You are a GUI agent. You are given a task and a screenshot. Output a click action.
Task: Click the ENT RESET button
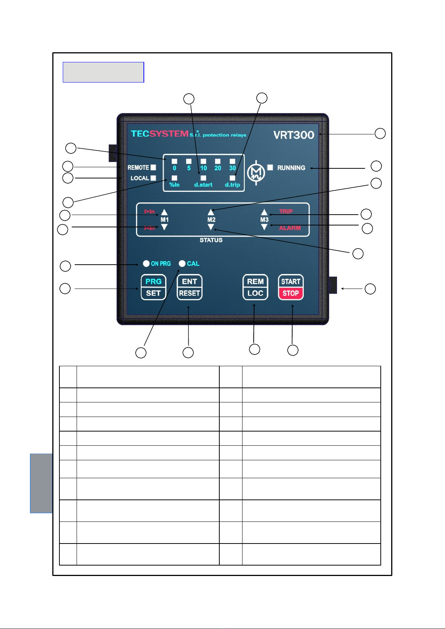[189, 287]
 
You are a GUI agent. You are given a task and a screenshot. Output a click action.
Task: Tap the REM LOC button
[255, 287]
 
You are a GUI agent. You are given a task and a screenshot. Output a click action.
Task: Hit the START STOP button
[291, 287]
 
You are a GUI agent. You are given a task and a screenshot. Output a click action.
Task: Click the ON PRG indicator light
[146, 264]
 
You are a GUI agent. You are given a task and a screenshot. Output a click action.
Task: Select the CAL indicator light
[182, 264]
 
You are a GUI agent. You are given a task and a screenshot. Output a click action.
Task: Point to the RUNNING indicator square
[270, 167]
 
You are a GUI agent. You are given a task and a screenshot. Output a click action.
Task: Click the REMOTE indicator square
[153, 168]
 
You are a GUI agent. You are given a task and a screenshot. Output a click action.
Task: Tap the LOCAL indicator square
[153, 178]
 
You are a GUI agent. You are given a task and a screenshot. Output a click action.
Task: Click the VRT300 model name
[294, 135]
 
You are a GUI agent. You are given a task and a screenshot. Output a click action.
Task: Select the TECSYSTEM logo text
[160, 134]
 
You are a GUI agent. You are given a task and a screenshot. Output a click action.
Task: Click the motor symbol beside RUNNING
[256, 172]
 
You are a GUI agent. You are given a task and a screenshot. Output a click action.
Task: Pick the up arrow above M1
[164, 212]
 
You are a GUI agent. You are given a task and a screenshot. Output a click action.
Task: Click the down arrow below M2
[211, 227]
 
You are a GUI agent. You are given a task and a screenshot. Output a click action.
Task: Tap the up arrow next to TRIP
[264, 212]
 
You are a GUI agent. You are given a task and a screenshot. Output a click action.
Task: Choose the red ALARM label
[290, 228]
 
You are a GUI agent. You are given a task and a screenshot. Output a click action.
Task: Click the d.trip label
[232, 185]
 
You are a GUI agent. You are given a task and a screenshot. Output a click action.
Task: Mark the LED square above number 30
[232, 161]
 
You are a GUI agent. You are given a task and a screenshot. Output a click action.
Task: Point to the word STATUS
[211, 240]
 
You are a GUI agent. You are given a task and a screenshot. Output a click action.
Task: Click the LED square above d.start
[203, 178]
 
